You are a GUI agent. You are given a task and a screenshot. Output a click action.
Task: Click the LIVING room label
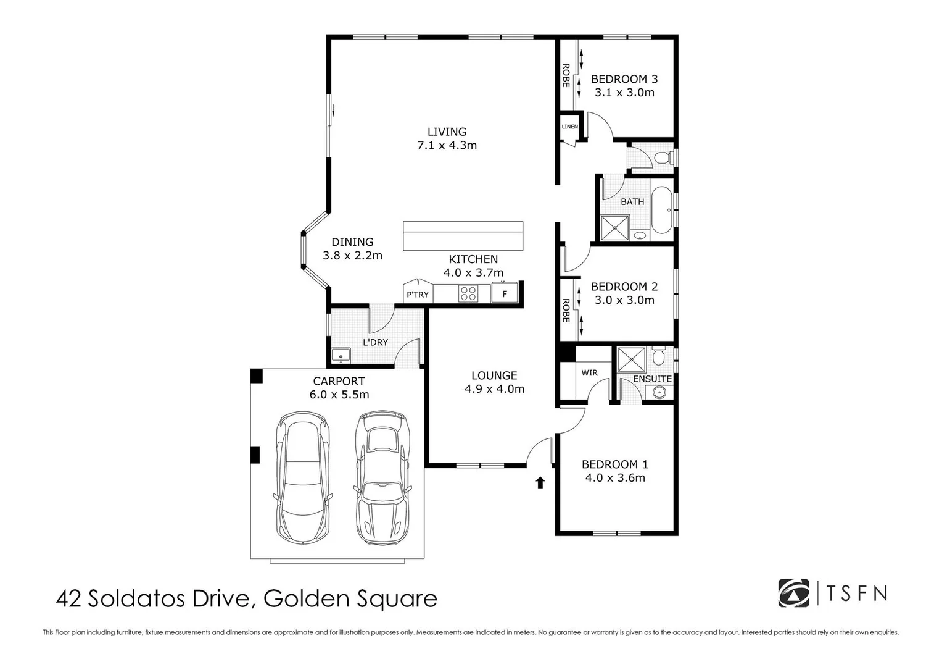coord(447,132)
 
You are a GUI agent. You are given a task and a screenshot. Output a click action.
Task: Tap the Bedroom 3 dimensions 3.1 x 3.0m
coord(624,93)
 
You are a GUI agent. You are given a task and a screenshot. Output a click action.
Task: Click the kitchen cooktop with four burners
coord(468,293)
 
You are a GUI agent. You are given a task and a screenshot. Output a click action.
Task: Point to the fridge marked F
coord(504,293)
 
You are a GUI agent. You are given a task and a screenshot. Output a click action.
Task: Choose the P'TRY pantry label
coord(417,295)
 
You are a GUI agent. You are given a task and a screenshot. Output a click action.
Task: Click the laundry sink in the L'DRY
coord(341,356)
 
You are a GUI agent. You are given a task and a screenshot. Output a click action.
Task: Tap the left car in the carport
coord(302,478)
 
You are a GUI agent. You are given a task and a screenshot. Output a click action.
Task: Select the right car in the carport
coord(382,477)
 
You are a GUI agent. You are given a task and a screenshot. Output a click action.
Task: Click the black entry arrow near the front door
coord(540,482)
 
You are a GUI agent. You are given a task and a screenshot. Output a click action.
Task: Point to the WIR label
coord(589,373)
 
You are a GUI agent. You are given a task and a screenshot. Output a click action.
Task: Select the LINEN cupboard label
coord(569,127)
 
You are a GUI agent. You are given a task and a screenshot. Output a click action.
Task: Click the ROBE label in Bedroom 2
coord(566,310)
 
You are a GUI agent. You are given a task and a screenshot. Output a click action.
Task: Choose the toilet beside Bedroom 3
coord(663,158)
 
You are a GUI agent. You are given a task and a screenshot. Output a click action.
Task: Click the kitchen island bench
coord(463,236)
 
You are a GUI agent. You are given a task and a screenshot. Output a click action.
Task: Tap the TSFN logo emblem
coord(793,593)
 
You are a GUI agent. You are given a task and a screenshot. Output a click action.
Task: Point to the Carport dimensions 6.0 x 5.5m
coord(339,395)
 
